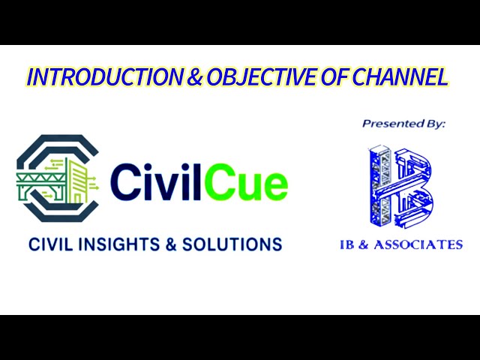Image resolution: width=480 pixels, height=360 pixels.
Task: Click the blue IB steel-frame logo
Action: [x=401, y=187]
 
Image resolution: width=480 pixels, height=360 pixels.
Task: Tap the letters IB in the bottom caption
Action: [x=349, y=244]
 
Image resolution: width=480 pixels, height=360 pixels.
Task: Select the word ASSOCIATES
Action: [x=424, y=244]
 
